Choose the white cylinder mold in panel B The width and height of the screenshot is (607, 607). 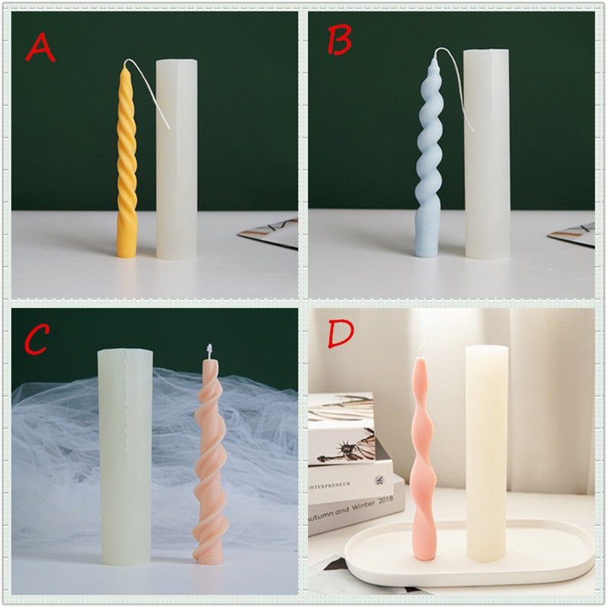486,153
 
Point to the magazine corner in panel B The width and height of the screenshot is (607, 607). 576,233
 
